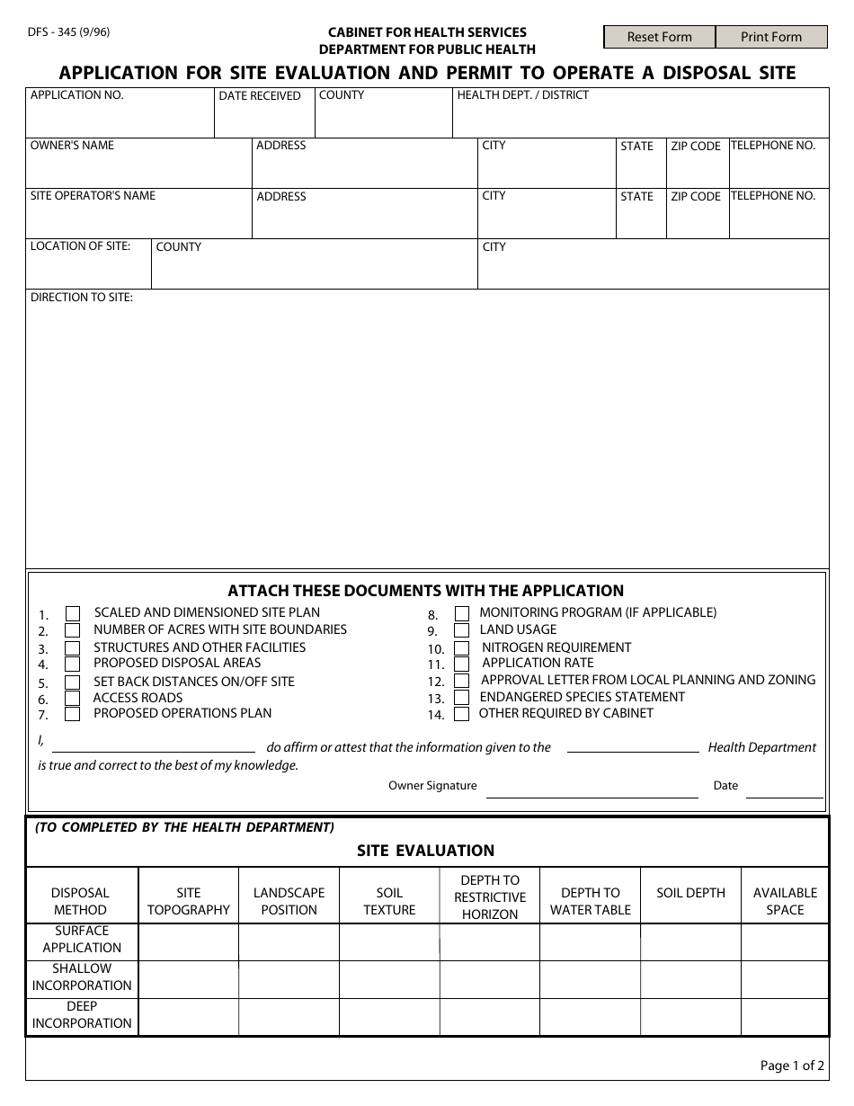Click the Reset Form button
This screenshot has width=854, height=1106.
pos(660,37)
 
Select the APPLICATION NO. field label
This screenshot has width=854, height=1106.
pos(77,95)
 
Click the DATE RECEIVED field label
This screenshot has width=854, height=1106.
pos(260,96)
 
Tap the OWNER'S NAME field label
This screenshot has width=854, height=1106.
pos(72,146)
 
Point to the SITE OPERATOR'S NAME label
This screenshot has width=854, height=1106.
pos(93,196)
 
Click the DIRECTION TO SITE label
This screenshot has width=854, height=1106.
pos(82,298)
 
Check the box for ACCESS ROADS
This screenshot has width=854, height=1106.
pos(73,699)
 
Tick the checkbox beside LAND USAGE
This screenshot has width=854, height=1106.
pos(461,630)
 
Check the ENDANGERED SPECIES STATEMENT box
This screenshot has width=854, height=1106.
pos(461,698)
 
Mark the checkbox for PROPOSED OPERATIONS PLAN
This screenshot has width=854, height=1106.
pos(73,715)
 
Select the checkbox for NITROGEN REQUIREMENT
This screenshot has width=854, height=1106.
pos(461,647)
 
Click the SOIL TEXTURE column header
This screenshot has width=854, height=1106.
pos(389,901)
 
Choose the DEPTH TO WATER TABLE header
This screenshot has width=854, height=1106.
pos(591,901)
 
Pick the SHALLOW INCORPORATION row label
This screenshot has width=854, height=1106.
pos(82,977)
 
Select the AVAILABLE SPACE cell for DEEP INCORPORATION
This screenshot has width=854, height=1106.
pos(784,1016)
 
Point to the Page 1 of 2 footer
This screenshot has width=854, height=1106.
pos(791,1066)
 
